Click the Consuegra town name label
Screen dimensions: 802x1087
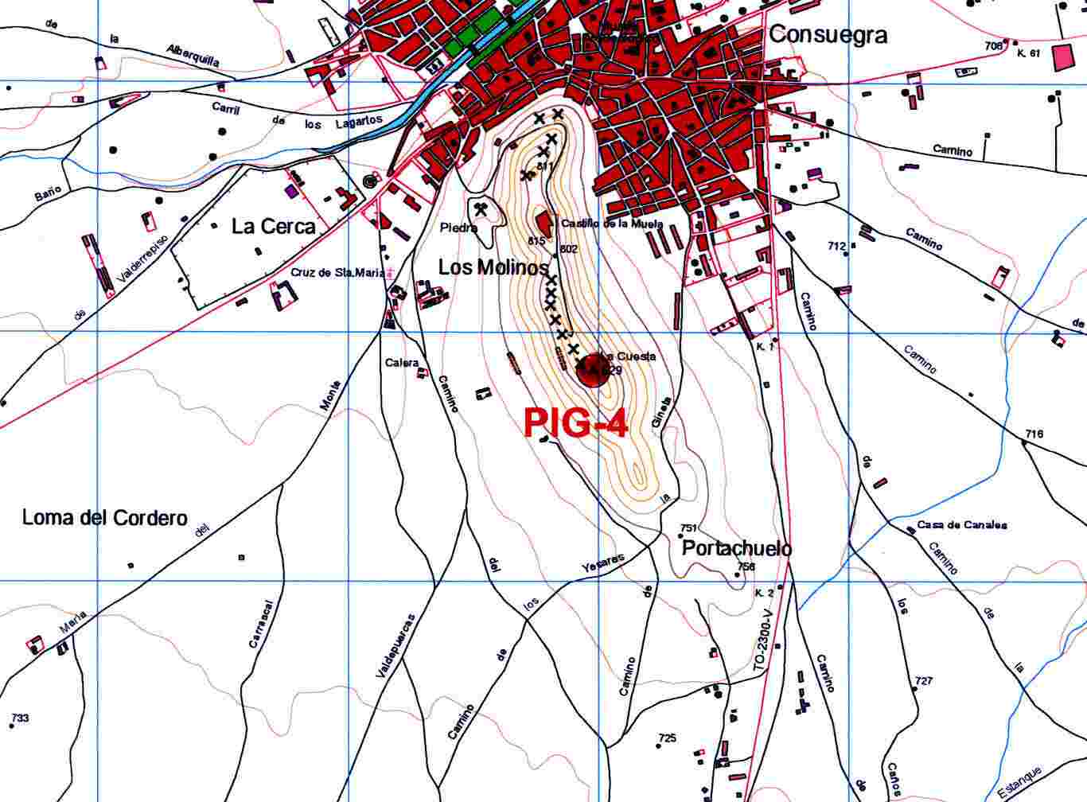[x=828, y=34]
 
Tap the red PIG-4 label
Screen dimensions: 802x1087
[x=575, y=424]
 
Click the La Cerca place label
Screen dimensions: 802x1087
[x=273, y=226]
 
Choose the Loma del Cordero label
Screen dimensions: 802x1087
[x=104, y=518]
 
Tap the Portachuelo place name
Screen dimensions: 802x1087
[x=737, y=549]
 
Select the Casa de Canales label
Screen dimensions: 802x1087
[x=962, y=525]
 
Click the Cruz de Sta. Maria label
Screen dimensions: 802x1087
[x=337, y=272]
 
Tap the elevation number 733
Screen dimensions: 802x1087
[x=20, y=718]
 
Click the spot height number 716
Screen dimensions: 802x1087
[x=1034, y=434]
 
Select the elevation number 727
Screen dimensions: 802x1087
[x=924, y=681]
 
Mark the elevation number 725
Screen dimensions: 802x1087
[x=667, y=738]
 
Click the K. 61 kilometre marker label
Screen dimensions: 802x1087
[x=1029, y=53]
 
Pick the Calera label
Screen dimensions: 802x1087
[x=402, y=363]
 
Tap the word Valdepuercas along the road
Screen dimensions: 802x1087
[x=384, y=645]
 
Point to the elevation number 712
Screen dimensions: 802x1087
[x=836, y=247]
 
